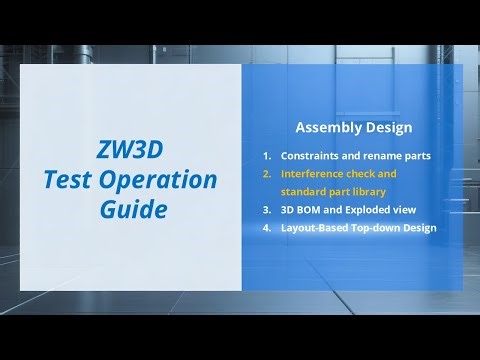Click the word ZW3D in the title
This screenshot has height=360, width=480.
click(131, 152)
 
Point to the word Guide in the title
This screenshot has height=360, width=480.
click(131, 210)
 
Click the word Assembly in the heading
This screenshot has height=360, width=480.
click(328, 128)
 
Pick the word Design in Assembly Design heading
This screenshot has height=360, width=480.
click(384, 128)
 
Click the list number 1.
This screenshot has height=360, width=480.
click(267, 157)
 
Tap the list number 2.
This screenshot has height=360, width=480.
click(267, 174)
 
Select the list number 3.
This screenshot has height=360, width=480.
click(267, 210)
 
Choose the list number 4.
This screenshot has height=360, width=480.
click(267, 228)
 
